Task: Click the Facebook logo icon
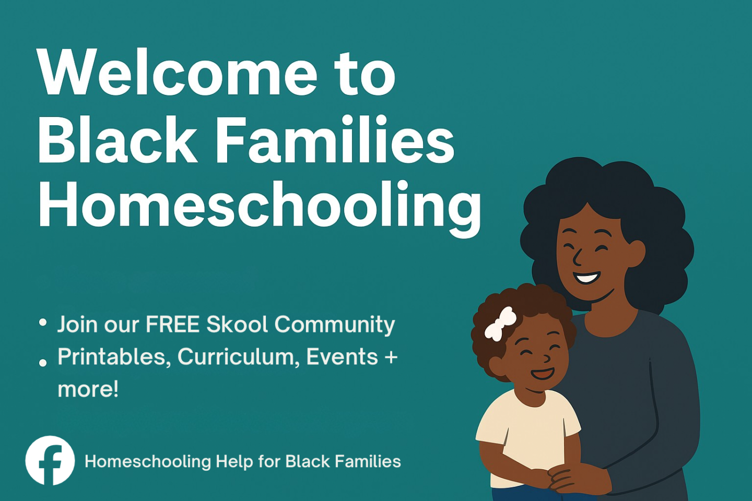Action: (x=50, y=460)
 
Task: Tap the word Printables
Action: (x=111, y=356)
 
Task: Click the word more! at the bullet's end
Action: (x=88, y=389)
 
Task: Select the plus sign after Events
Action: (x=391, y=357)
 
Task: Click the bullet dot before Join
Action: (x=43, y=322)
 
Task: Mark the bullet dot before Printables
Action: (x=43, y=363)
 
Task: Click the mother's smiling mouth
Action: (x=586, y=277)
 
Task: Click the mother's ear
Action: (x=635, y=254)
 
